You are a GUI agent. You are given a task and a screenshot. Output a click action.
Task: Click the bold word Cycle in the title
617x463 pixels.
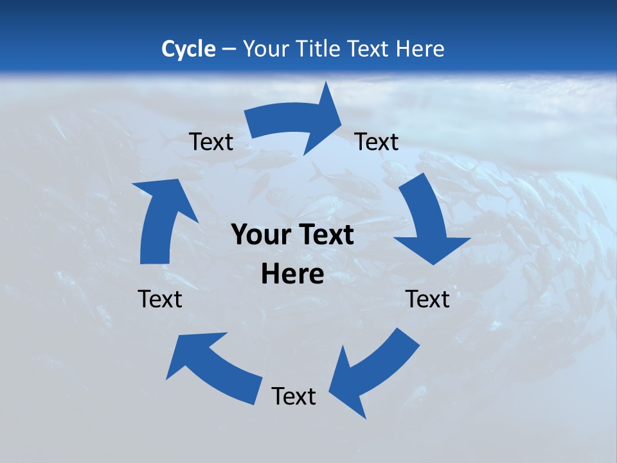(x=188, y=49)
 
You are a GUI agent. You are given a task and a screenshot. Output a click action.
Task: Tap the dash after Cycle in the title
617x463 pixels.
(x=229, y=49)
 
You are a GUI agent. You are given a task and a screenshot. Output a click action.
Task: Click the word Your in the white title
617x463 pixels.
(x=267, y=49)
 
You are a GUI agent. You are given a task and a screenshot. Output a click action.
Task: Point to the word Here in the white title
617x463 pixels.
(x=420, y=49)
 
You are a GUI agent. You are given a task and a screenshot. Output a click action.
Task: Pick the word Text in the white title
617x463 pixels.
(x=370, y=49)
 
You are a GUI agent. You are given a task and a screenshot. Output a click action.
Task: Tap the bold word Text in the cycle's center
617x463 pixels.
(x=323, y=235)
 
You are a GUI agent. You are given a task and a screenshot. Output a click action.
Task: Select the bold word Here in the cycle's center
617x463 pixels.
(x=292, y=275)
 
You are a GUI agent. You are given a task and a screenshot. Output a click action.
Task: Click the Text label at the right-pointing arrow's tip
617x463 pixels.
(x=377, y=141)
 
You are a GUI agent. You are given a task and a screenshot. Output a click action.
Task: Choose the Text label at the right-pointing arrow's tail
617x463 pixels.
(x=211, y=141)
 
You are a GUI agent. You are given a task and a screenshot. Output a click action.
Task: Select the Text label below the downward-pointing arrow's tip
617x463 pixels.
(x=427, y=299)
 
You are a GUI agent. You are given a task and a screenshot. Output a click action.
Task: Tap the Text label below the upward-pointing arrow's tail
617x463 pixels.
(x=160, y=299)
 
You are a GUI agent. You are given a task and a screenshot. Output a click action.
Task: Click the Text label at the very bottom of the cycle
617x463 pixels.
(x=294, y=396)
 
